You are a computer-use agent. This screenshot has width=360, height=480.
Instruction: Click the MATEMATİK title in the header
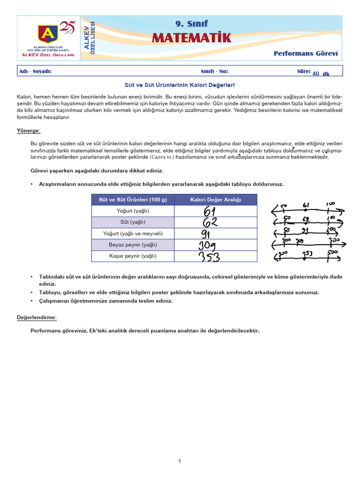[191, 38]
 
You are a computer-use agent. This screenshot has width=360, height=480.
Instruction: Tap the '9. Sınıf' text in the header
[191, 23]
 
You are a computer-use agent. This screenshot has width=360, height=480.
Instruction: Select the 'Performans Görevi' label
[306, 53]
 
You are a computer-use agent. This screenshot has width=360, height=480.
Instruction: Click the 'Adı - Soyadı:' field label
[35, 71]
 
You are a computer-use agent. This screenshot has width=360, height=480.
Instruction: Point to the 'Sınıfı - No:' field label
[214, 71]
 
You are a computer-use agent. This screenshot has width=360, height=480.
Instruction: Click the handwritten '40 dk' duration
[321, 74]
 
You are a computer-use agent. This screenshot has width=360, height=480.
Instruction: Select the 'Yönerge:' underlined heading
[29, 130]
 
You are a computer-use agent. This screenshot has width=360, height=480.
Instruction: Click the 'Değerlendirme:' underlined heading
[37, 317]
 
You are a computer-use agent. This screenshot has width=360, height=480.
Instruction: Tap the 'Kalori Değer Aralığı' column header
[216, 200]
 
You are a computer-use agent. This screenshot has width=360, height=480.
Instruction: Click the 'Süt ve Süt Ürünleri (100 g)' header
[133, 200]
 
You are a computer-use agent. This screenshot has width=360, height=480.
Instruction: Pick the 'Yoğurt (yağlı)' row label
[133, 211]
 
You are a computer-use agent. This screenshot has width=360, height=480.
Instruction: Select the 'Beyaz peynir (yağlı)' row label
[133, 245]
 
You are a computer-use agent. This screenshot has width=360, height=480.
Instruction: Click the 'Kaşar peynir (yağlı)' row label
[133, 256]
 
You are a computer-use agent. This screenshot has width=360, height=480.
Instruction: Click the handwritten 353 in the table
[209, 257]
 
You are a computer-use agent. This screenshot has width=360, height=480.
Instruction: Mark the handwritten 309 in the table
[209, 245]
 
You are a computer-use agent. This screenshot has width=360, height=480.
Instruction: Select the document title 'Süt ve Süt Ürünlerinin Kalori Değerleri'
[179, 85]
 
